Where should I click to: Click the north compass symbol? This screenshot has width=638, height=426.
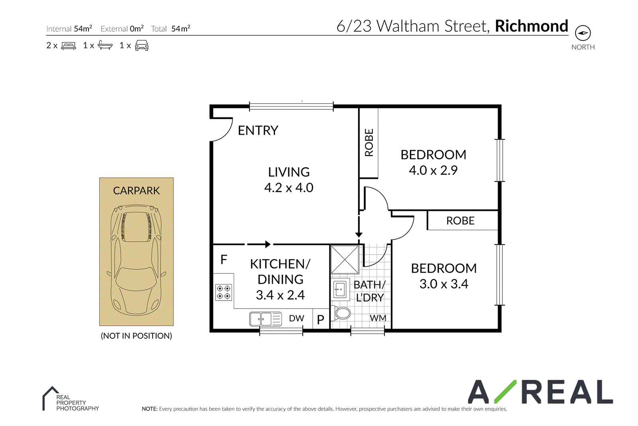point(583,33)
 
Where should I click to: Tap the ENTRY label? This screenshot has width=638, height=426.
point(258,131)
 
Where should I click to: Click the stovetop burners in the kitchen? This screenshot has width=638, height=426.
point(224,292)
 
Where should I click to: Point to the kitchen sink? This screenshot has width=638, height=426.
point(266,319)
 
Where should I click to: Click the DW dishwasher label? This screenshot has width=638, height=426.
point(297,318)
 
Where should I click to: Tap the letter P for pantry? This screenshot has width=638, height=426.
point(321,320)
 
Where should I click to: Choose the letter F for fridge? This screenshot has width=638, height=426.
point(224,260)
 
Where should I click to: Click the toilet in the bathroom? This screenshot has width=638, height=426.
point(341,313)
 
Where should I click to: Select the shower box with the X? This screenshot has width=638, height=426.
point(345,260)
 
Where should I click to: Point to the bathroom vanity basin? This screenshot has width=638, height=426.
point(340,289)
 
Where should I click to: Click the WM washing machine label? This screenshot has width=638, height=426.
point(378,318)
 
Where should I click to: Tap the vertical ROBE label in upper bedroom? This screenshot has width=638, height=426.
point(369,143)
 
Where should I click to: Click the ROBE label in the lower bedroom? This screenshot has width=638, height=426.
point(460,221)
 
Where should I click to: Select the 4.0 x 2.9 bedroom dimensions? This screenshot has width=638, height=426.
point(433,170)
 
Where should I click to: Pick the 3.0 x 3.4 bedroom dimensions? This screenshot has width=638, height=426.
point(444,284)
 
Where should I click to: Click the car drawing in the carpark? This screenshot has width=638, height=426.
point(136,260)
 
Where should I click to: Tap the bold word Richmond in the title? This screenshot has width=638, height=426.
point(532,26)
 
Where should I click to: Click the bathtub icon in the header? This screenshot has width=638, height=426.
point(105,45)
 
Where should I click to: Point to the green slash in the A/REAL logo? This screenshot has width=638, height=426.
point(505,392)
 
